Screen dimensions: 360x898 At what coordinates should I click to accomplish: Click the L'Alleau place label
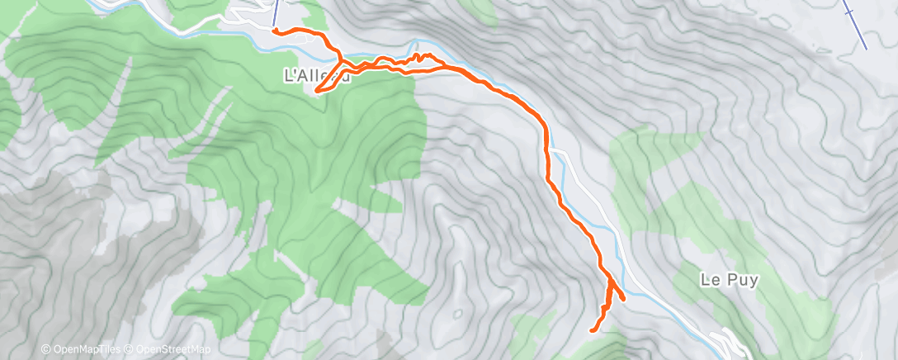[x=317, y=76]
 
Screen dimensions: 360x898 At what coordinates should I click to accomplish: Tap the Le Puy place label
[x=729, y=280]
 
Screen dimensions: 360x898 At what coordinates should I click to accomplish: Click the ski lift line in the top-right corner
[x=855, y=23]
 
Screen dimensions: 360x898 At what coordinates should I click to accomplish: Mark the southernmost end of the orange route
[x=592, y=331]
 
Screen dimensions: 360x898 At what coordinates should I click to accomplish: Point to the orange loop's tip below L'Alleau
[x=316, y=90]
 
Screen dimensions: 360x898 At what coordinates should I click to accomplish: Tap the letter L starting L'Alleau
[x=288, y=76]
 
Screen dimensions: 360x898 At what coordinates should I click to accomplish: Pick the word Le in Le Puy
[x=710, y=280]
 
